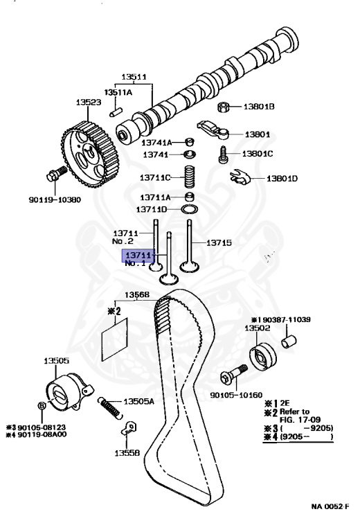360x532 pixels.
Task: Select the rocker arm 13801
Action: pos(215,130)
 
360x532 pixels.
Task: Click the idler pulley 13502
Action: pos(263,356)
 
